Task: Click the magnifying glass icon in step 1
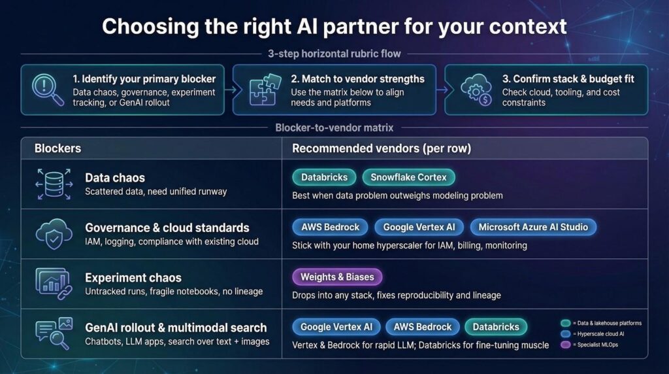click(x=47, y=90)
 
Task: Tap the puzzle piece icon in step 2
click(x=265, y=89)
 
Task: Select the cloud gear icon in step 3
click(x=476, y=90)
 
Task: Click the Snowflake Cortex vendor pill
click(x=408, y=177)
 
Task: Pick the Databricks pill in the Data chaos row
click(x=324, y=177)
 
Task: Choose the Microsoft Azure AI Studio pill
click(x=533, y=227)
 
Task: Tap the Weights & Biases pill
click(x=337, y=277)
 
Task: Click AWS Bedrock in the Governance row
click(x=330, y=227)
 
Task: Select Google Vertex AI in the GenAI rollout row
click(x=336, y=327)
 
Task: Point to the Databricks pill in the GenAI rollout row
click(x=496, y=327)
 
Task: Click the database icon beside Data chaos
click(x=54, y=184)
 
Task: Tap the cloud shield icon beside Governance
click(x=54, y=233)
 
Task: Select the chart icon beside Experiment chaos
click(x=54, y=284)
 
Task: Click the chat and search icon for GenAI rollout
click(x=54, y=333)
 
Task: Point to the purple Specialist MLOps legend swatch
click(x=566, y=345)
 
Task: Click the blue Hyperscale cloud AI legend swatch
click(x=566, y=334)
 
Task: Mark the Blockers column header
click(x=57, y=148)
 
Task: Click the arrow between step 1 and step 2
click(x=229, y=90)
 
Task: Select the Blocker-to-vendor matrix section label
click(x=334, y=127)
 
